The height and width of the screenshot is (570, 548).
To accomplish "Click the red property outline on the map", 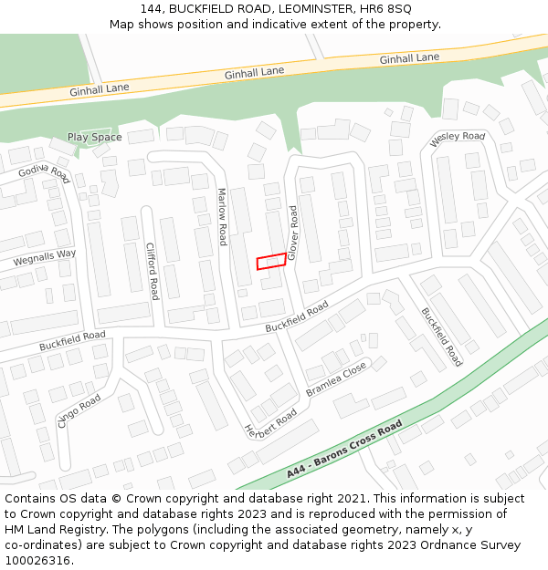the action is click(269, 262).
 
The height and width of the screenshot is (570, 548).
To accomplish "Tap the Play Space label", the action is click(94, 138).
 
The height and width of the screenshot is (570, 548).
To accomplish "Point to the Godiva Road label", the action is click(44, 170).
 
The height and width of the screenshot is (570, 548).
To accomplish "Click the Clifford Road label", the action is click(153, 271).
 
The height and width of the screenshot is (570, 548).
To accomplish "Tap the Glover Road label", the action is click(293, 233).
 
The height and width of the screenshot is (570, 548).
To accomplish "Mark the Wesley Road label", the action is click(458, 137).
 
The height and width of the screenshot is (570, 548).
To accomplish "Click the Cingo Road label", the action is click(79, 410).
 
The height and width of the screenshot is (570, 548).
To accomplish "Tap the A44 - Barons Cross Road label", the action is click(343, 450).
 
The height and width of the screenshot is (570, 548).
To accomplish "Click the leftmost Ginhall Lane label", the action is click(100, 89).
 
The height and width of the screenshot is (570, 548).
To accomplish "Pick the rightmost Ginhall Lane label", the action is click(409, 58).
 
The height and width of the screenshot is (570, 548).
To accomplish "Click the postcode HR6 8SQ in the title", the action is click(387, 8).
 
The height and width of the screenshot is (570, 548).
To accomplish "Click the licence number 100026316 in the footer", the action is click(38, 560).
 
